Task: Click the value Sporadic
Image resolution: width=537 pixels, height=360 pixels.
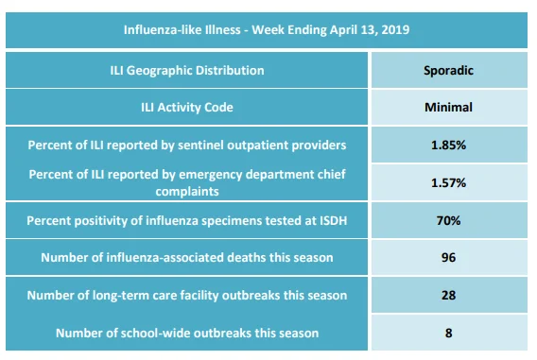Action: pos(448,71)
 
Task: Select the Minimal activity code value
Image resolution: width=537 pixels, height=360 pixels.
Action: pos(448,108)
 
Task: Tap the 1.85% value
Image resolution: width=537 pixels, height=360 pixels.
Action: pos(448,146)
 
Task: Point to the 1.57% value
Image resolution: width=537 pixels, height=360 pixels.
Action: pos(448,182)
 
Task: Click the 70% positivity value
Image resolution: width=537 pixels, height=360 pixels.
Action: pos(448,220)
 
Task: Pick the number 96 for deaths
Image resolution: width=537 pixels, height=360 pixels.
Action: pos(448,257)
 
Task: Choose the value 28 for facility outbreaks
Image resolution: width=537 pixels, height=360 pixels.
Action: pos(448,295)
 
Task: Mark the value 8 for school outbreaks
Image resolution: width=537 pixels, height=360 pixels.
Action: pos(448,333)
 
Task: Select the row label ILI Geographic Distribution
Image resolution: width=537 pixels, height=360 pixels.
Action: pos(187,71)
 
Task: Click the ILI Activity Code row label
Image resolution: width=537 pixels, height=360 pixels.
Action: pos(187,108)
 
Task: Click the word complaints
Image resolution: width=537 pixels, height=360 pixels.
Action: pos(187,191)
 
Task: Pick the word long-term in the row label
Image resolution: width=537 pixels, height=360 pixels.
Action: pos(121,296)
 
